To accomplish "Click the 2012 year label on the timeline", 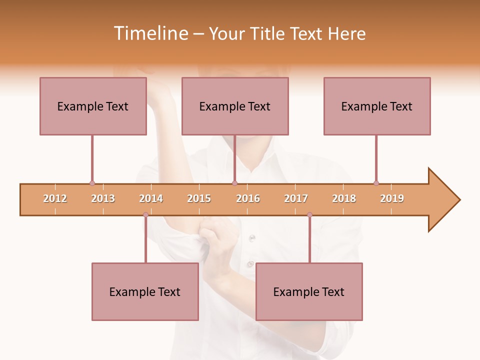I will [x=55, y=198].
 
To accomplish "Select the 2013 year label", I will [x=103, y=198].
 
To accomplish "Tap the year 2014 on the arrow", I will [x=151, y=198].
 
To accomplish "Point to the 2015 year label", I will [x=199, y=198].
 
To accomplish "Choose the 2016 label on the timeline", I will [x=248, y=198].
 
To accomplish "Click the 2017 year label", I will [x=296, y=198].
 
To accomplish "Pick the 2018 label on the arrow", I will [x=344, y=198].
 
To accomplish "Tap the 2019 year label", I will [x=392, y=198].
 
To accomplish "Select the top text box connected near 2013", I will [x=93, y=106].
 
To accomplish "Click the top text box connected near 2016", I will [x=235, y=106].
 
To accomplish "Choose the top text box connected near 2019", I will [x=377, y=106].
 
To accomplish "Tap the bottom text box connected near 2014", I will [x=145, y=291].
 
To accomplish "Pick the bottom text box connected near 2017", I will [x=309, y=291].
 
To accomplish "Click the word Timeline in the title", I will [x=150, y=33].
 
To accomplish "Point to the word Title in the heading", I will [x=270, y=33].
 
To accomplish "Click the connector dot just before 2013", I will [x=92, y=183].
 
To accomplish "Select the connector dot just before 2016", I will [x=234, y=183].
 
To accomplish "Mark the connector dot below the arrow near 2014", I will [x=145, y=215].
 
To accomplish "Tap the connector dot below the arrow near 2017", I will [x=309, y=215].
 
